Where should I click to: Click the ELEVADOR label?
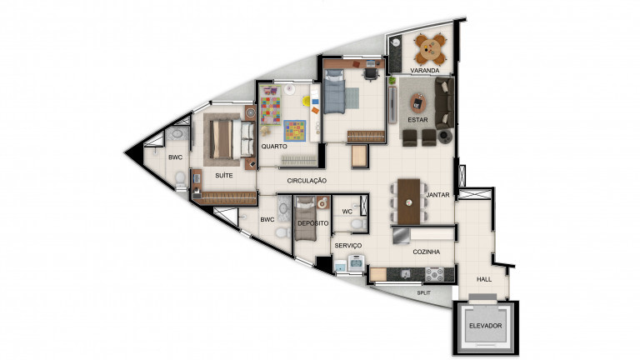485,326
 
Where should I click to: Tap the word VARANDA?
424,71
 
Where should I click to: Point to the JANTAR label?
438,195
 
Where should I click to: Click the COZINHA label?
426,252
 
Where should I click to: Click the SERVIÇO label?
347,246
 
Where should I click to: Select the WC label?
347,212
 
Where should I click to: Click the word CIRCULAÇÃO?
306,181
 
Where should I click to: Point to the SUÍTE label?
223,176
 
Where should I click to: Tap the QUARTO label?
274,146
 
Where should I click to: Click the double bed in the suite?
227,137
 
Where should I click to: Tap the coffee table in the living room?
418,104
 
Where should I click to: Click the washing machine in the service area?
356,265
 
